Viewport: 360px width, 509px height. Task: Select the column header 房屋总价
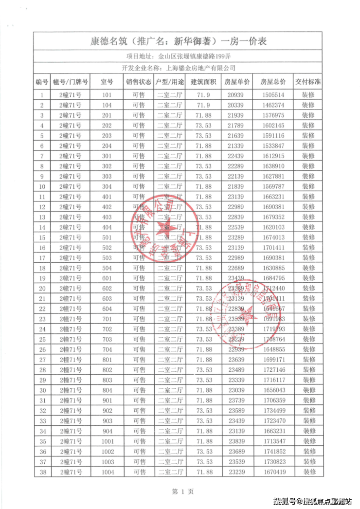pos(273,82)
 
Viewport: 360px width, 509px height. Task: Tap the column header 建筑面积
pos(203,82)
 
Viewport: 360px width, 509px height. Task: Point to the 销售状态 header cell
pos(139,82)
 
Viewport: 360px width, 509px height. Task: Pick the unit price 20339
pos(237,105)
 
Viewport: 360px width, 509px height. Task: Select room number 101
pos(107,95)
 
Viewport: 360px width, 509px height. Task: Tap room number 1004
pos(107,472)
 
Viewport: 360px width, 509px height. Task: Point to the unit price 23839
pos(237,441)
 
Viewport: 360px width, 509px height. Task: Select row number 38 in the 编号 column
pos(42,472)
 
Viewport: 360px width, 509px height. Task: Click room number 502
pos(107,248)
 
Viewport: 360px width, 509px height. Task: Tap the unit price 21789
pos(237,126)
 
